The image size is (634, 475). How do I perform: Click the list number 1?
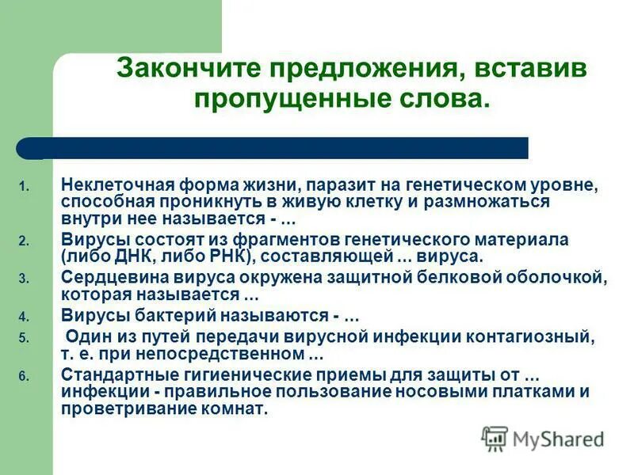click(x=24, y=188)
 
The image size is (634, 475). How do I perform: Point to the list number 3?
click(x=24, y=279)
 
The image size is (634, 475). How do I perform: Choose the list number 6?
click(x=24, y=377)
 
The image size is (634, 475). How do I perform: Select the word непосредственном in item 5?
click(x=233, y=351)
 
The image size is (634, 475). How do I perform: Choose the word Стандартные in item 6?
click(x=107, y=374)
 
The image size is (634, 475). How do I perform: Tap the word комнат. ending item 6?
click(x=237, y=408)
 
